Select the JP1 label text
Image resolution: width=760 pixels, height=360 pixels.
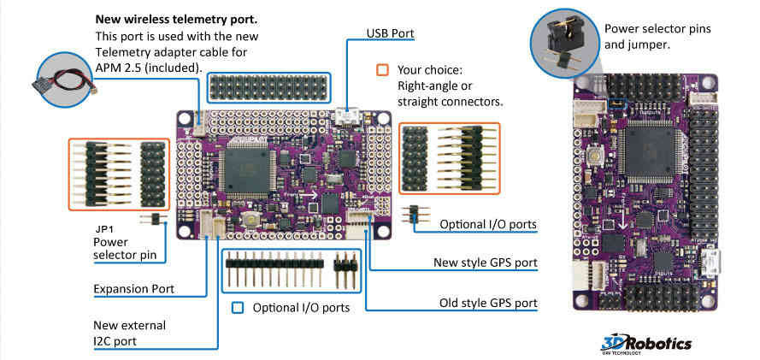click(x=103, y=229)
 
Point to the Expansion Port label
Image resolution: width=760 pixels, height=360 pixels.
click(x=134, y=289)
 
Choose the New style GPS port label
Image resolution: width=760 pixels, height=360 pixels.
click(x=485, y=263)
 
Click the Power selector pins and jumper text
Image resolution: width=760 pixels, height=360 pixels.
click(x=657, y=36)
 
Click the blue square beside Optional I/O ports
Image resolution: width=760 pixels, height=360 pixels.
click(x=238, y=307)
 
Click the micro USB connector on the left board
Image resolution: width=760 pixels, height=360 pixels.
click(x=346, y=115)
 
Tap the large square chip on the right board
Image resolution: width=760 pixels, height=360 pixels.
click(x=646, y=151)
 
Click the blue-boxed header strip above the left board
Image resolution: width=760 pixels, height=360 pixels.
click(x=267, y=88)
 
